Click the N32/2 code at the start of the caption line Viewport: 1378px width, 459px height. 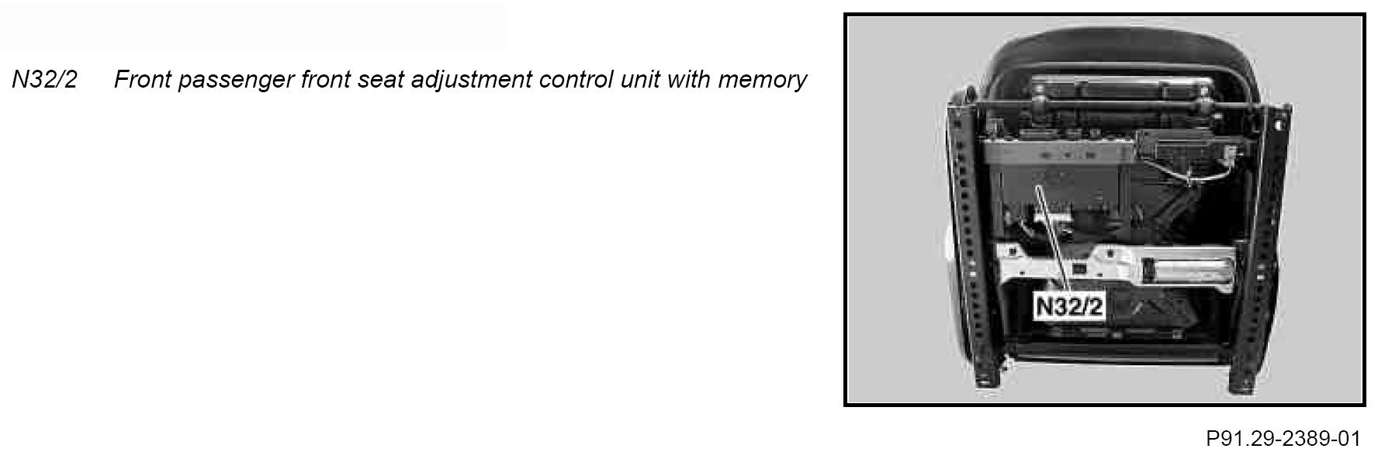coord(44,80)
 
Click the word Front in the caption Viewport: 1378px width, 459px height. coord(142,80)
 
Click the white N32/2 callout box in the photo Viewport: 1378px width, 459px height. coord(1070,306)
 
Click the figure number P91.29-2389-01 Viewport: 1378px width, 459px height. coord(1283,440)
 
